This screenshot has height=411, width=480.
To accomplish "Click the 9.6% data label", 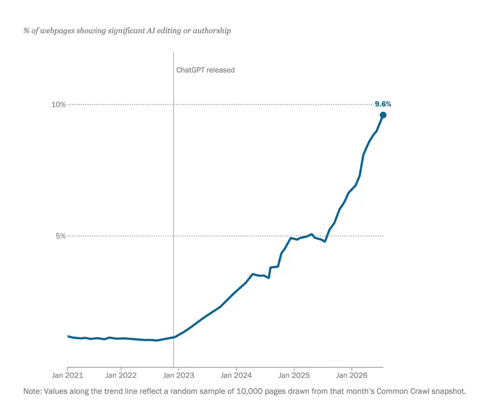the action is (383, 104).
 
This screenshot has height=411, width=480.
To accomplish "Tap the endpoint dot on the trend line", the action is (383, 115).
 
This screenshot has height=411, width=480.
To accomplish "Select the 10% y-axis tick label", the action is (58, 104).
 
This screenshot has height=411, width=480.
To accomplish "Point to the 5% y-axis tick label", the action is (61, 236).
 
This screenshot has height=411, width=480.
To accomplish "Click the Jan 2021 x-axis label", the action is (67, 375).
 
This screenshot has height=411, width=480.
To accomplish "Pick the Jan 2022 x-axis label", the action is (121, 375).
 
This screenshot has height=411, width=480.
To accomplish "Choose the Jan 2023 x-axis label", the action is (178, 375).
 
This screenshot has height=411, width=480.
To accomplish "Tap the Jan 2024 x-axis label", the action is (236, 375).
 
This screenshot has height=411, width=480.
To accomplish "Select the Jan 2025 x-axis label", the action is (294, 375).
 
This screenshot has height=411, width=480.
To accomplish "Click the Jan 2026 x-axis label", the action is (352, 375).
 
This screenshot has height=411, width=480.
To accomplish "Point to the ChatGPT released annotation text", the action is (206, 70).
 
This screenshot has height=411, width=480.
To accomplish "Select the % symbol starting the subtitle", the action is (26, 31).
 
